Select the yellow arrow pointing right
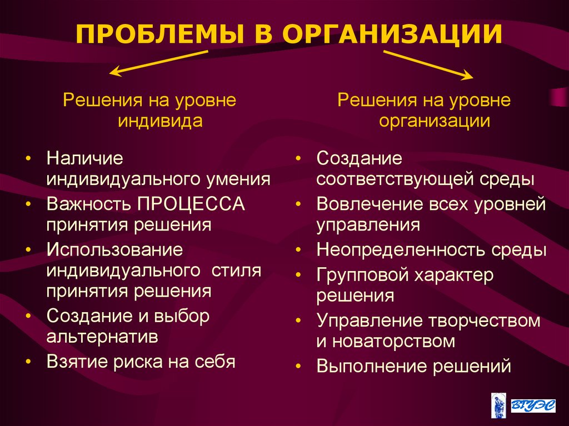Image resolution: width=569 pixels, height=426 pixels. [428, 63]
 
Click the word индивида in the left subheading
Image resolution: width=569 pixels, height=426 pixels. [159, 121]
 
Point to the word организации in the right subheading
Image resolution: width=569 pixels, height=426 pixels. [435, 121]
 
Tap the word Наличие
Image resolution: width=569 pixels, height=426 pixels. [84, 158]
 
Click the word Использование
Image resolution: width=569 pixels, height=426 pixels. [114, 249]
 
